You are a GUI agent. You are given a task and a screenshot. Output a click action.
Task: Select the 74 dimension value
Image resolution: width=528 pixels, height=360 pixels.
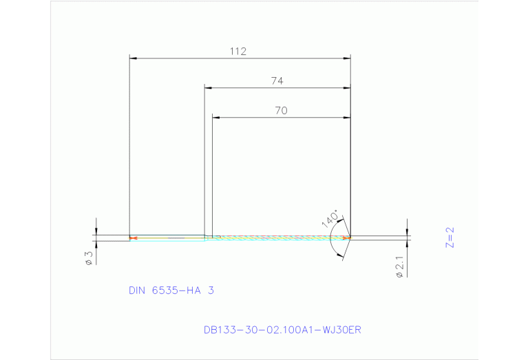(277, 81)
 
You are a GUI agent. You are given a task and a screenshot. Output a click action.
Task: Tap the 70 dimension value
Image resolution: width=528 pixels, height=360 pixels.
(280, 110)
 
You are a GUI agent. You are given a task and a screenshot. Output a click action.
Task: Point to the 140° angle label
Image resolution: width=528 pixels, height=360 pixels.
(330, 220)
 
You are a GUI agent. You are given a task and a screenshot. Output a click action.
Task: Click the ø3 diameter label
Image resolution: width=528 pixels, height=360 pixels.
(88, 258)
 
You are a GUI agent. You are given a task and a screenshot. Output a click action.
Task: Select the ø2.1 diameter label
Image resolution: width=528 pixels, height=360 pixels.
(399, 266)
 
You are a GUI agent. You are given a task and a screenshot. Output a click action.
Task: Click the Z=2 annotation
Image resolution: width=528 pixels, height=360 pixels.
(451, 237)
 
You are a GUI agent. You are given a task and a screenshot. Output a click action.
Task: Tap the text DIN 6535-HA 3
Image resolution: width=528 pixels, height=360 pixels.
(171, 290)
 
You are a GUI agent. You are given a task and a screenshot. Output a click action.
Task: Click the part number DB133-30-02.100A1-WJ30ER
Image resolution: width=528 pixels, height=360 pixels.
(282, 330)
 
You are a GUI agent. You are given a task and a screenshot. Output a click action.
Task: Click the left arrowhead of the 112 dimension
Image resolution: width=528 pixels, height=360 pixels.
(134, 59)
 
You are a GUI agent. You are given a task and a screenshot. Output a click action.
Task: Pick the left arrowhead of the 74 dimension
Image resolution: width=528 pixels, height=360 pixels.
(209, 88)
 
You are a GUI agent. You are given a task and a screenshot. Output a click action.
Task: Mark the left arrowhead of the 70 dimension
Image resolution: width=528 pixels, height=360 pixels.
(216, 118)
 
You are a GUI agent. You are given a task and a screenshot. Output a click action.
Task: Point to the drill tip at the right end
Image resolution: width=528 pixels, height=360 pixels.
(350, 238)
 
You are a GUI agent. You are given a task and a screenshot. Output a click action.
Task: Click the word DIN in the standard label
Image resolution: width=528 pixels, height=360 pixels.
(138, 290)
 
